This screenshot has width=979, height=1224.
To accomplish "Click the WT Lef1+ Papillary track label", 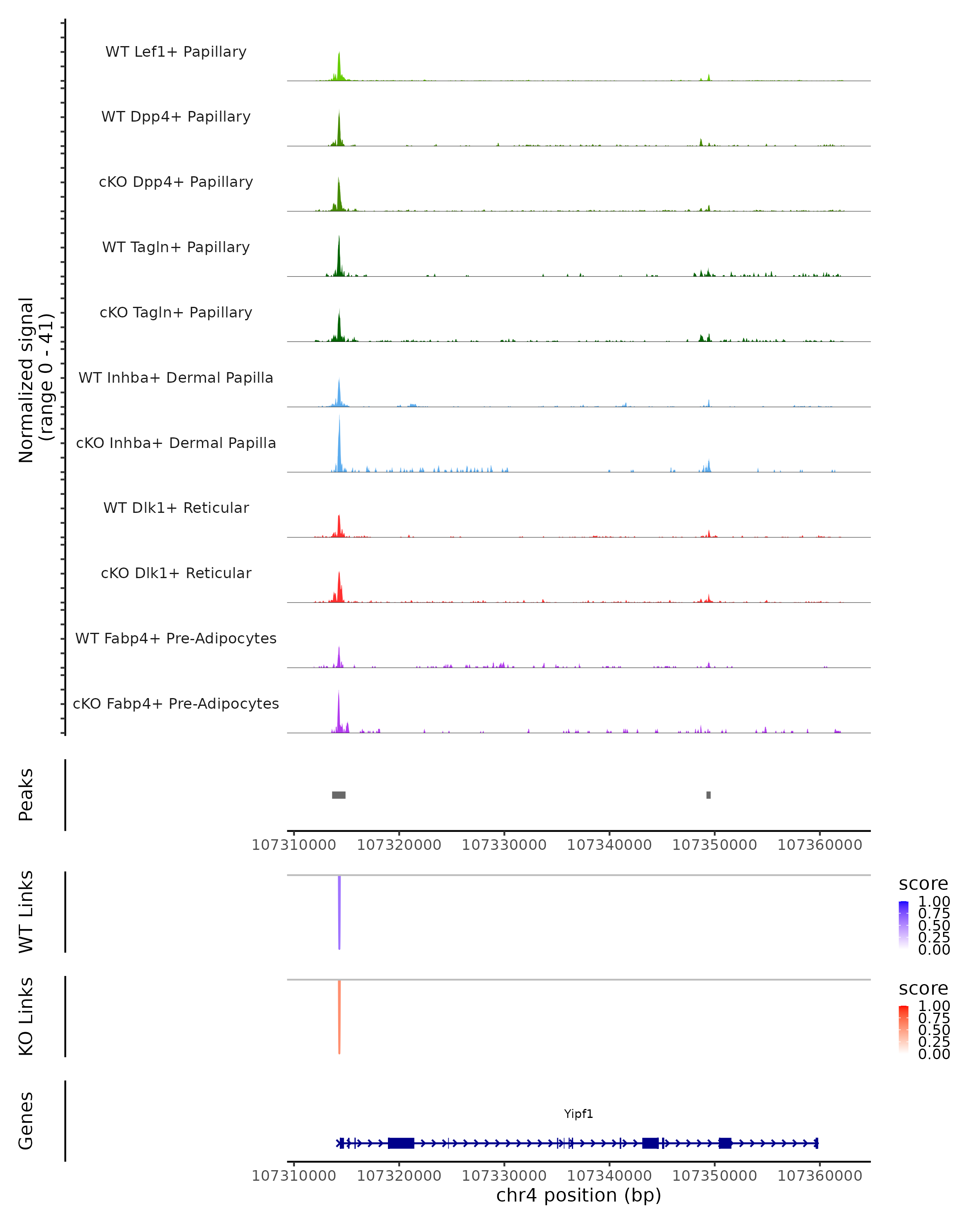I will [x=176, y=52].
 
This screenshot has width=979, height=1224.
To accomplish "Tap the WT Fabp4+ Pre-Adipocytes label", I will [x=176, y=638].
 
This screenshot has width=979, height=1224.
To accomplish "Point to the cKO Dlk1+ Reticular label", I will [x=176, y=573].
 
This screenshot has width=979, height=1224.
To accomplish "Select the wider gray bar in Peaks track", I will [x=339, y=795].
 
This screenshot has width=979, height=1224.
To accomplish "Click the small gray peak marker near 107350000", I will [x=708, y=795].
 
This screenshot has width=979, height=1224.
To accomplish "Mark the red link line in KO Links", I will [x=339, y=1017].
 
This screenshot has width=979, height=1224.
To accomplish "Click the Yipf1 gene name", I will [x=578, y=1114].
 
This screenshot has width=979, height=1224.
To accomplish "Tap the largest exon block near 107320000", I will [x=401, y=1143].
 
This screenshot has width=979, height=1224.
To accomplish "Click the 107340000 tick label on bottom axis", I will [x=609, y=1176].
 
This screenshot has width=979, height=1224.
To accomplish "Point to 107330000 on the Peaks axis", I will [x=504, y=845].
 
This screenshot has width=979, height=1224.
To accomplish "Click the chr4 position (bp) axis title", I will [x=578, y=1195].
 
